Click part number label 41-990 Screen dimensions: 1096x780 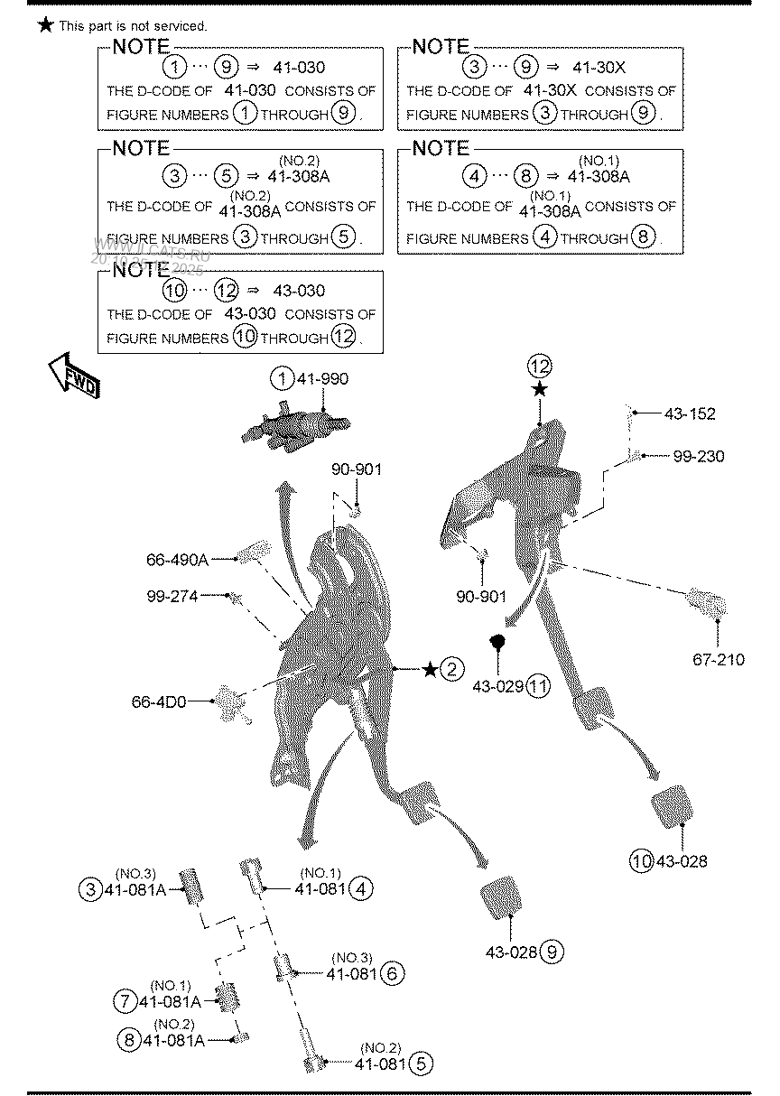tap(322, 379)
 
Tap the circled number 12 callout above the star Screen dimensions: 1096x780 tap(539, 366)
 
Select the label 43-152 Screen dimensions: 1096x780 tap(690, 413)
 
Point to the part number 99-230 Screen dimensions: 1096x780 tap(698, 457)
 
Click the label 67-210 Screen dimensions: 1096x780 tap(719, 660)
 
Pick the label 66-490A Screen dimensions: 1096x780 tap(177, 560)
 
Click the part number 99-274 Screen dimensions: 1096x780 tap(172, 596)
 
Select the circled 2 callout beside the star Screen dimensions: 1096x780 tap(452, 669)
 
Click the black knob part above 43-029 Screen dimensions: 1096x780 tap(496, 643)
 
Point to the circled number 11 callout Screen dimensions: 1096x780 tap(539, 687)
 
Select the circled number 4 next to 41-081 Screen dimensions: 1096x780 tap(360, 888)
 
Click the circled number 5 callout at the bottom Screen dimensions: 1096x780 tap(421, 1064)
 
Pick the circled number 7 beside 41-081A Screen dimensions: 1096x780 tap(125, 1000)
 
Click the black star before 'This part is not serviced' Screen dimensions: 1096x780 tap(46, 25)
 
